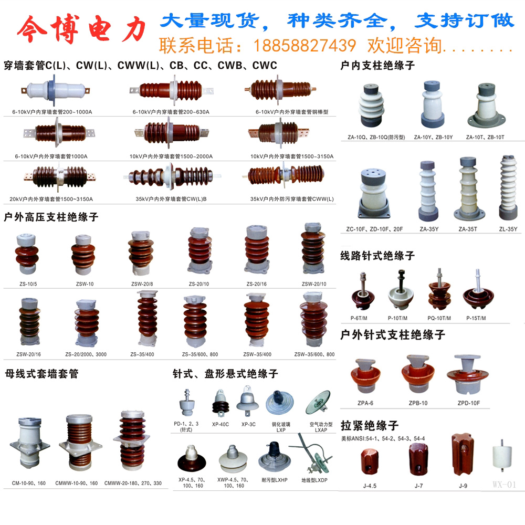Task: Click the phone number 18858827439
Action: point(304,46)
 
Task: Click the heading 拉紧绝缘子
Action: point(370,425)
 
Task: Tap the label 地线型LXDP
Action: point(314,480)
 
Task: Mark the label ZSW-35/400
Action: point(257,354)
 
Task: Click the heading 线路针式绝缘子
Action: point(377,256)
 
